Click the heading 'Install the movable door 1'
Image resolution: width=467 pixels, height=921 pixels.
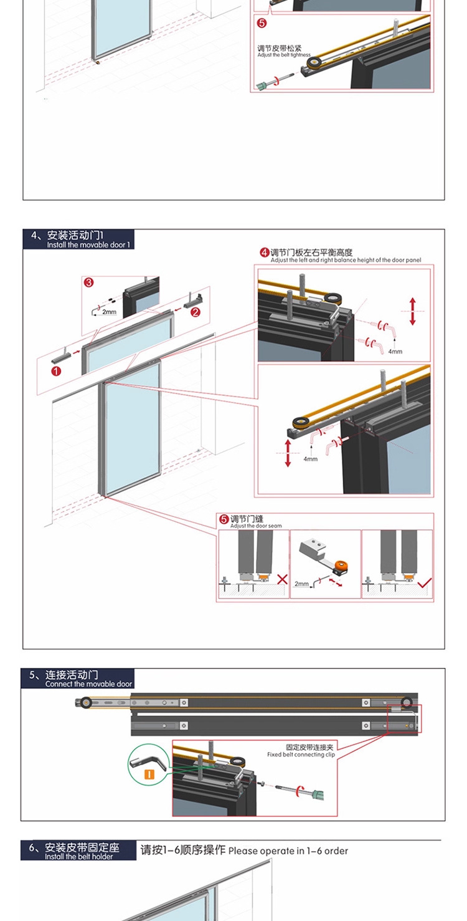tap(88, 245)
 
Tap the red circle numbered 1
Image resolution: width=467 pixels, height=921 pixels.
tap(56, 371)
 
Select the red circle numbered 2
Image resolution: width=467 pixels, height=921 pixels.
tap(196, 312)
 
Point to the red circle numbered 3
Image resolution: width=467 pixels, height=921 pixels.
tap(89, 282)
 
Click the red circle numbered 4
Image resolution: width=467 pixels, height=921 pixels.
tap(265, 253)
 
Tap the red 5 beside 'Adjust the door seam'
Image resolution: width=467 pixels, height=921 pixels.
tap(224, 519)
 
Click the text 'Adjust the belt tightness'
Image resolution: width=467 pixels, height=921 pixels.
tap(284, 55)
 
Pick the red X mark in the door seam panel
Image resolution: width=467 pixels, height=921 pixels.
tap(282, 580)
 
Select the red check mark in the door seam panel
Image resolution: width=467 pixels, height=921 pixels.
tap(425, 584)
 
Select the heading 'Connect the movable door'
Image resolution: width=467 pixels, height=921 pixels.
tap(89, 684)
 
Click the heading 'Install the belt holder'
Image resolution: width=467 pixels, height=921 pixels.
tap(79, 857)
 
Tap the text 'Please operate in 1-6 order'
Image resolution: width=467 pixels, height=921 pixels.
tap(288, 851)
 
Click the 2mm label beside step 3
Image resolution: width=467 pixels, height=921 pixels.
tap(109, 312)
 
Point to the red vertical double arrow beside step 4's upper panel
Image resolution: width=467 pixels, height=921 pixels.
tap(412, 311)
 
